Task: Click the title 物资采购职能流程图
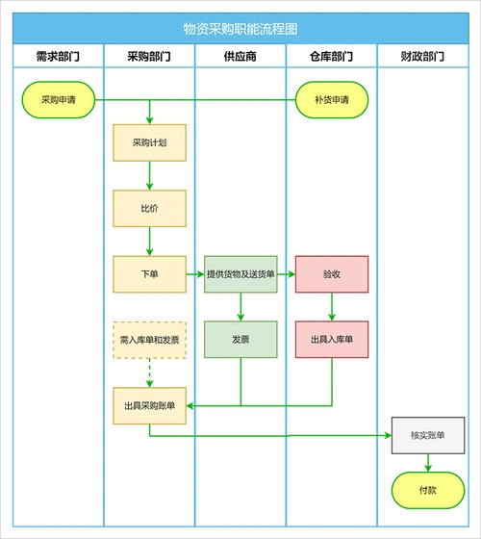coord(240,30)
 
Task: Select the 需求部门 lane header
coord(57,57)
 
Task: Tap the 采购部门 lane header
coord(149,57)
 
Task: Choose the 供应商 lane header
coord(240,57)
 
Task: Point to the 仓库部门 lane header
coord(331,57)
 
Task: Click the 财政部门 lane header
coord(422,57)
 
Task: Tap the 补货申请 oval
coord(331,99)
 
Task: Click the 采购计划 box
coord(149,142)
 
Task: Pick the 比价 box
coord(149,208)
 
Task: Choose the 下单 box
coord(149,274)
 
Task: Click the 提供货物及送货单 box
coord(240,274)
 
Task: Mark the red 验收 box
coord(331,274)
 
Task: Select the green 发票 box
coord(240,339)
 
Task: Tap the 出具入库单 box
coord(331,339)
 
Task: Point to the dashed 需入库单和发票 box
coord(149,339)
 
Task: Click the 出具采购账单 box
coord(149,405)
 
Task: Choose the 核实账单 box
coord(422,436)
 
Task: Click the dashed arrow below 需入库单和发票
coord(149,372)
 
